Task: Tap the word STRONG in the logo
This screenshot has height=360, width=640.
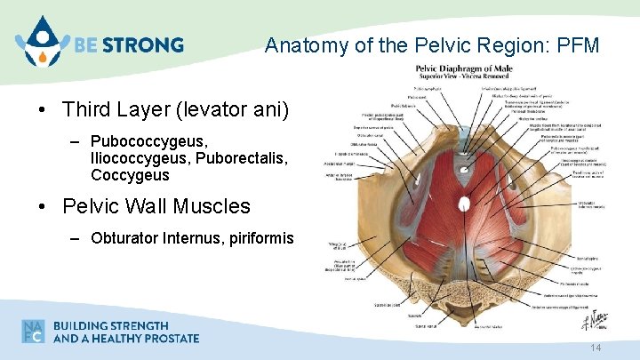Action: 145,44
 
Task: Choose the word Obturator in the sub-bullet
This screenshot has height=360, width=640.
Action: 124,239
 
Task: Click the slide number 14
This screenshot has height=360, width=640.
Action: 596,348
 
